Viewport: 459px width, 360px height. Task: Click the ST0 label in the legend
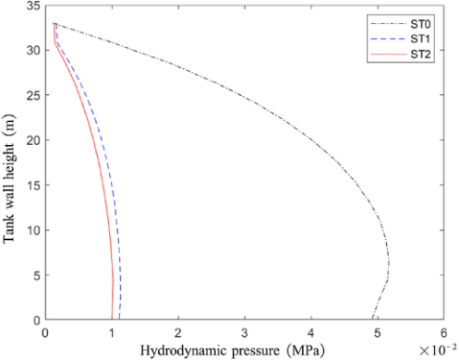[x=420, y=24]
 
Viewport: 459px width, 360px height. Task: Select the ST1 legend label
[x=420, y=39]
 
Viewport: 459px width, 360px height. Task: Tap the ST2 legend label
[x=420, y=54]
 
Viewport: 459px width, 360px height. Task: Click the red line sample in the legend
[x=389, y=54]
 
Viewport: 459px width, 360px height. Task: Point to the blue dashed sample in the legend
[x=389, y=39]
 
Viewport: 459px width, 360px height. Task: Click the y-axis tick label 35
[x=33, y=6]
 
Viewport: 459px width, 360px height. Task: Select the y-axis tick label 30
[x=33, y=50]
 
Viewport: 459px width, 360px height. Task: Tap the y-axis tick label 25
[x=33, y=95]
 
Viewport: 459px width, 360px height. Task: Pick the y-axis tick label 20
[x=33, y=140]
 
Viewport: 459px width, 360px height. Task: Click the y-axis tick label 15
[x=33, y=185]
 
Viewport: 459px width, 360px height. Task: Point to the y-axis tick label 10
[x=33, y=230]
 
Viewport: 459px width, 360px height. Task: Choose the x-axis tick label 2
[x=178, y=332]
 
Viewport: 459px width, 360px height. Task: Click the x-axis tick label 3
[x=245, y=332]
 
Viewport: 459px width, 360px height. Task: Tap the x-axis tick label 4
[x=311, y=332]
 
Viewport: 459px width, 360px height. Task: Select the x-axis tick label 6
[x=443, y=332]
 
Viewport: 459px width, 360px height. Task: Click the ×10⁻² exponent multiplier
[x=438, y=350]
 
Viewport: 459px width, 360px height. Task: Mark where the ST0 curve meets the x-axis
[x=372, y=319]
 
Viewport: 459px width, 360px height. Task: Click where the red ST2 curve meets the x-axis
[x=112, y=319]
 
